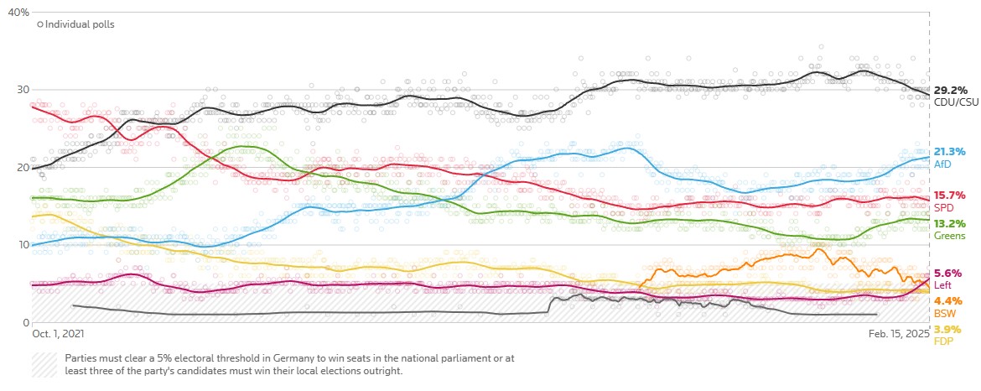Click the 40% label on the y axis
18,13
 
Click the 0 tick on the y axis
26,322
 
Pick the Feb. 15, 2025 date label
899,334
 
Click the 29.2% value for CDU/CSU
951,90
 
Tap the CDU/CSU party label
957,102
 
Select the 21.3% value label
951,152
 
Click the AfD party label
943,164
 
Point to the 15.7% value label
950,195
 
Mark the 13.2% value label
950,224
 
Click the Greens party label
949,236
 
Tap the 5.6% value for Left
947,273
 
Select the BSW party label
945,313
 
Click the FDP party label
944,341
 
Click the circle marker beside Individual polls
40,24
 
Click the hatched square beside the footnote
45,364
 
